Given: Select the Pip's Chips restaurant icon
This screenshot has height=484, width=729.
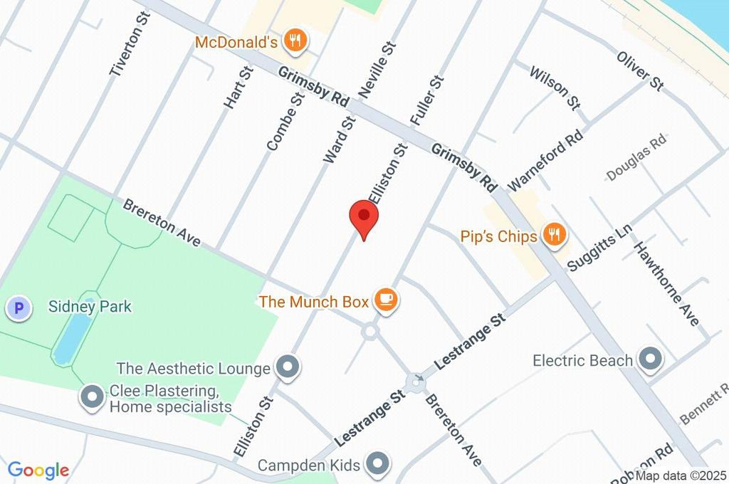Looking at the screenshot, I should pyautogui.click(x=553, y=234).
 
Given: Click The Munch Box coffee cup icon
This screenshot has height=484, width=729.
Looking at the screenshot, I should pyautogui.click(x=386, y=300).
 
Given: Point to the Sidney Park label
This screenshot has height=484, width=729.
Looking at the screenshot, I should pyautogui.click(x=90, y=307).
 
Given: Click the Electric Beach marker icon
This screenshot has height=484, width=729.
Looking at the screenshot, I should pyautogui.click(x=649, y=360).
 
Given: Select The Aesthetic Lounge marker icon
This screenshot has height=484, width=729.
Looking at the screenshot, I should pyautogui.click(x=288, y=368).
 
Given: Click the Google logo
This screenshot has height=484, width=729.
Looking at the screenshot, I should pyautogui.click(x=38, y=470).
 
